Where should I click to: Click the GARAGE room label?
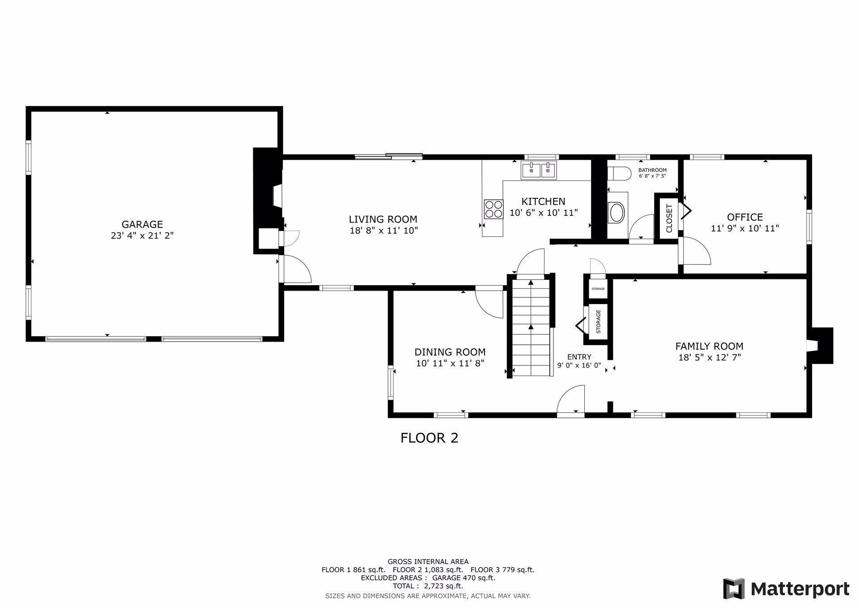tap(142, 224)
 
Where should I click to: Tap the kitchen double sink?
tap(539, 171)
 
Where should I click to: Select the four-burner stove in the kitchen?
tap(493, 210)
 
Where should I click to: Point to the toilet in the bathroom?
tap(619, 173)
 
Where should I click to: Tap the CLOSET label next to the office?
tap(669, 218)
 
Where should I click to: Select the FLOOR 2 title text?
tap(429, 438)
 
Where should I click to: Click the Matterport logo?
tap(787, 588)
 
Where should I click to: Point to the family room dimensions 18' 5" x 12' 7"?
tap(710, 357)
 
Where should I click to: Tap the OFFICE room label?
tap(745, 217)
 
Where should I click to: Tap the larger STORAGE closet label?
tap(598, 322)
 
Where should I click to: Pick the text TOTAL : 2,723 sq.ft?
tap(428, 586)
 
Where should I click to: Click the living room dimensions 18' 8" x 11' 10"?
tap(384, 231)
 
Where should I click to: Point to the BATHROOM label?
tap(652, 170)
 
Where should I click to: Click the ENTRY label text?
tap(579, 357)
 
